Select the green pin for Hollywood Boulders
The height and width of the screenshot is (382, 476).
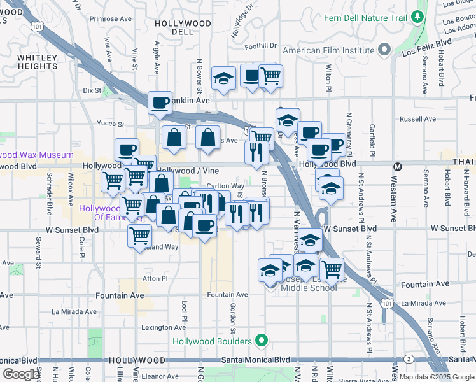coord(260,341)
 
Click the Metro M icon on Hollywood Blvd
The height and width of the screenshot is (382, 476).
coord(398,167)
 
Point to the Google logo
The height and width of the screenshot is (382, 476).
coord(21,374)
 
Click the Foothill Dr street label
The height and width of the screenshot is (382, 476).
coord(263,46)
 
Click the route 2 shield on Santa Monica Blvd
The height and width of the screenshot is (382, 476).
coord(408,360)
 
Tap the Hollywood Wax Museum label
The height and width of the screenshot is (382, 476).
coord(36,155)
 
